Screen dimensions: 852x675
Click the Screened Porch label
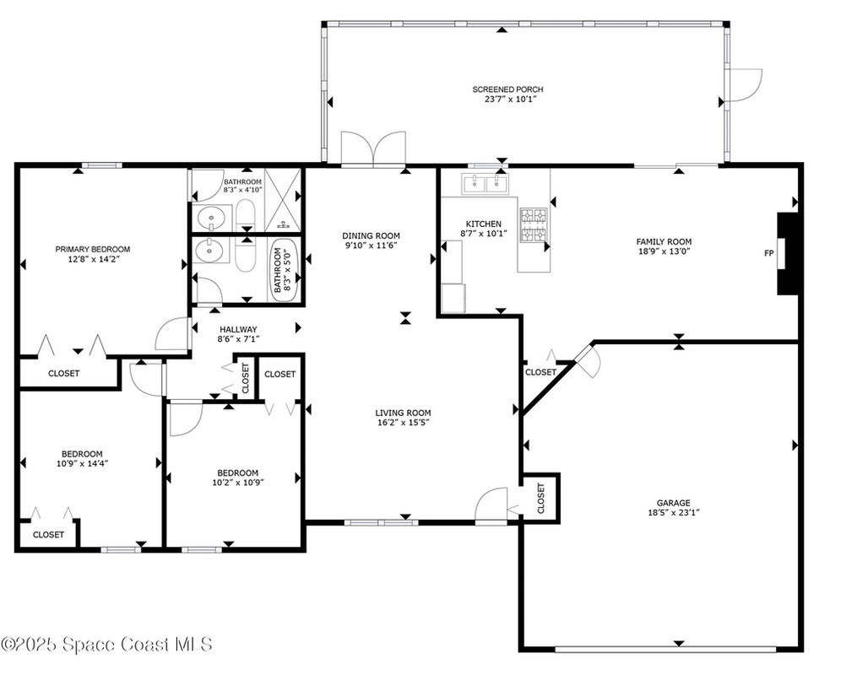click(507, 89)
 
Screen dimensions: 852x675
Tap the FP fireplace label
click(768, 253)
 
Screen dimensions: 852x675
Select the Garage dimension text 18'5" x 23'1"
click(673, 512)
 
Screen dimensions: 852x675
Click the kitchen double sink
click(485, 184)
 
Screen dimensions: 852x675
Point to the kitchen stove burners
click(534, 224)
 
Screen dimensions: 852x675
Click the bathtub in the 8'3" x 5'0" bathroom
click(285, 270)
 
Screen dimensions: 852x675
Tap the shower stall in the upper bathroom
click(282, 199)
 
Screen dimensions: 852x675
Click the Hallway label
click(238, 329)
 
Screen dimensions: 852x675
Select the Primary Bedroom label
click(92, 249)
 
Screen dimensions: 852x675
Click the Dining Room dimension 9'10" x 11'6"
click(372, 246)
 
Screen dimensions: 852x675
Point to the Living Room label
click(403, 413)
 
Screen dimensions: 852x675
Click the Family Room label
click(664, 241)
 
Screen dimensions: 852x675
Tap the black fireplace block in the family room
click(787, 254)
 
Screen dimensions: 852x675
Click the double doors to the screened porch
click(373, 147)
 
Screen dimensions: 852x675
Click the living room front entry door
click(491, 505)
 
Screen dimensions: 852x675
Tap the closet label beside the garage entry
click(540, 373)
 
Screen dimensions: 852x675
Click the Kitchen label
click(484, 224)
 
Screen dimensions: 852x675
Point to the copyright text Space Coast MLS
click(137, 645)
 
